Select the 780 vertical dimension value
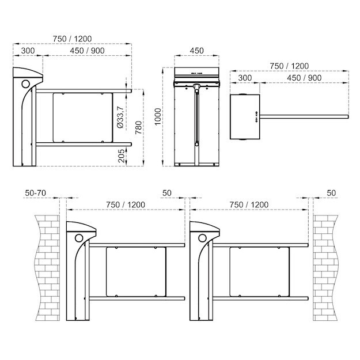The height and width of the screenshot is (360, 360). click(x=139, y=127)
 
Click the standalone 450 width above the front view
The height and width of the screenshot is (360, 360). click(x=196, y=51)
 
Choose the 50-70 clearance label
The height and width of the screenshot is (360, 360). click(x=36, y=192)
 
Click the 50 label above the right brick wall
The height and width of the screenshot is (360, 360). click(x=331, y=192)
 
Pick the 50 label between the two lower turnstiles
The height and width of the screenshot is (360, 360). click(x=167, y=192)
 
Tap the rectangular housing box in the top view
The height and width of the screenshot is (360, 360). click(x=244, y=117)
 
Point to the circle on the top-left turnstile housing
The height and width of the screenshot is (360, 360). click(x=26, y=84)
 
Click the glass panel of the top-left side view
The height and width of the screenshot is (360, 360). click(x=81, y=118)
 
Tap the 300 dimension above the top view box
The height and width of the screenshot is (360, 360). click(x=245, y=78)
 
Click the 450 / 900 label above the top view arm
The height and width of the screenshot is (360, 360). click(x=304, y=78)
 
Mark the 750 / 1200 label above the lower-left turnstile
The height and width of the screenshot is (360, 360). click(x=126, y=204)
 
